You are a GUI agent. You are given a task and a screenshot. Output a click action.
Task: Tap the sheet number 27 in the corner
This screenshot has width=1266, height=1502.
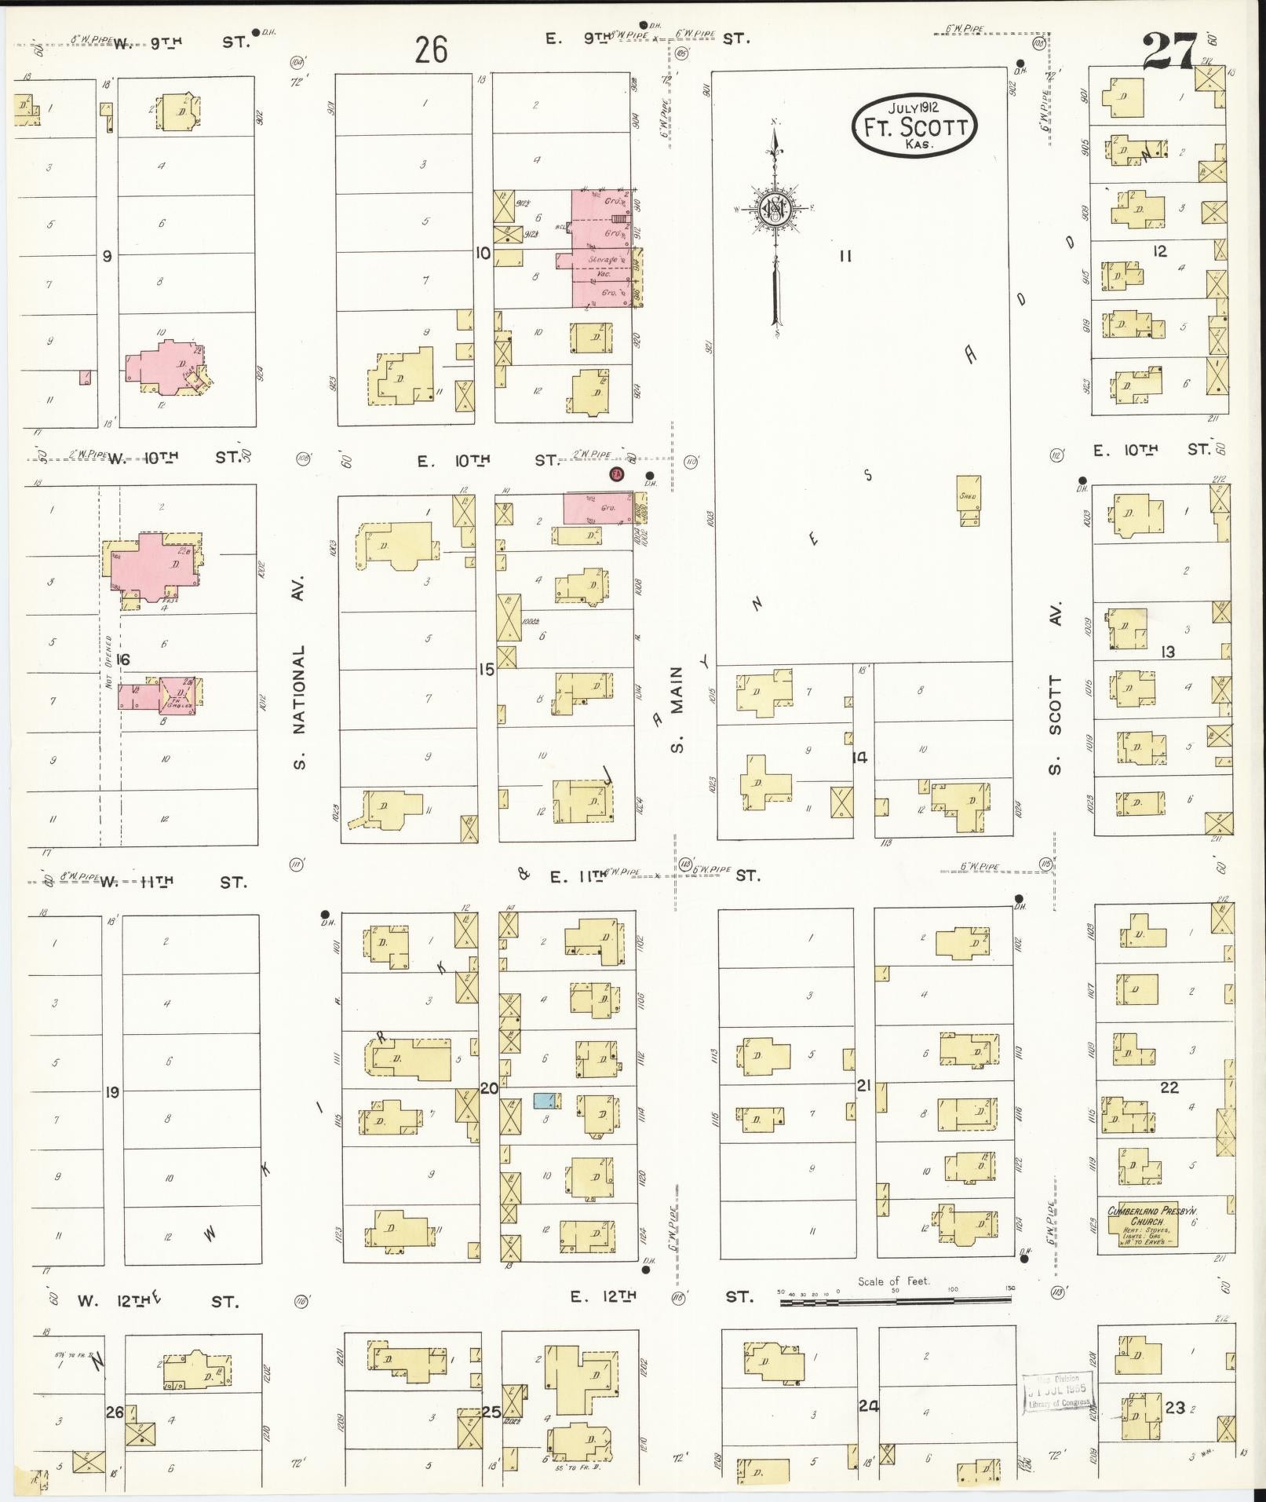coord(1170,53)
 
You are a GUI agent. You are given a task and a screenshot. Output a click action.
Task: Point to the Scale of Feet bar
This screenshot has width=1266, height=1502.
coord(895,1301)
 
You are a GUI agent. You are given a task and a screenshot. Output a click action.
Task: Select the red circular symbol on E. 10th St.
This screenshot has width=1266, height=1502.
coord(616,473)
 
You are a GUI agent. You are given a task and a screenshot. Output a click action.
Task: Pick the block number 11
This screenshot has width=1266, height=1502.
coord(845,255)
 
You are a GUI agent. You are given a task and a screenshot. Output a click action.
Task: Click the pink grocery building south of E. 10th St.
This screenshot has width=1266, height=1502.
coord(597,508)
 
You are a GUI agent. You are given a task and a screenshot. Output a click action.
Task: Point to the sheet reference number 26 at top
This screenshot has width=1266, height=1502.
coord(431,51)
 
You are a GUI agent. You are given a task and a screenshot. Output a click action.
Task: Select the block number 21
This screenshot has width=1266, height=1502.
coord(863,1086)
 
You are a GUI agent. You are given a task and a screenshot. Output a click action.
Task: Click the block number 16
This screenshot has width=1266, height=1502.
coord(122,659)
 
